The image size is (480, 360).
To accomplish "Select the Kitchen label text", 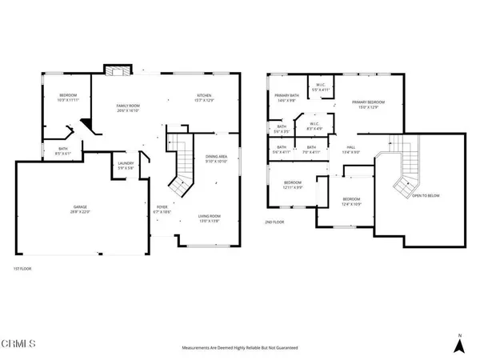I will pyautogui.click(x=182, y=98).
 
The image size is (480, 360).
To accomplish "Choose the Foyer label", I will pyautogui.click(x=162, y=210).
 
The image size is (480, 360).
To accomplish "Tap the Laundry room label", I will pyautogui.click(x=126, y=165).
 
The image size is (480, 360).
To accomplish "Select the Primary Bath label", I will pyautogui.click(x=286, y=98).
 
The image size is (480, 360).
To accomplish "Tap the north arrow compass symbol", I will pyautogui.click(x=458, y=343).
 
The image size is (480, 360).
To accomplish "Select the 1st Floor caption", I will pyautogui.click(x=23, y=268).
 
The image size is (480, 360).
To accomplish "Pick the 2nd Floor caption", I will pyautogui.click(x=274, y=222).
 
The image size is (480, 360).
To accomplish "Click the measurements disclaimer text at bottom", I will pyautogui.click(x=240, y=348).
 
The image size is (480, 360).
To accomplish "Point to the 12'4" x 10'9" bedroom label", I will pyautogui.click(x=352, y=201).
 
